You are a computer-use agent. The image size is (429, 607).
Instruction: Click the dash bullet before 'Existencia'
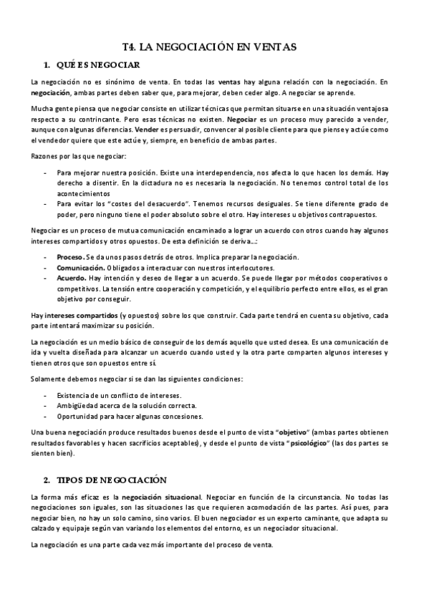pyautogui.click(x=47, y=395)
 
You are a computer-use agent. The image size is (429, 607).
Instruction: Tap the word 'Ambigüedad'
pyautogui.click(x=77, y=406)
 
